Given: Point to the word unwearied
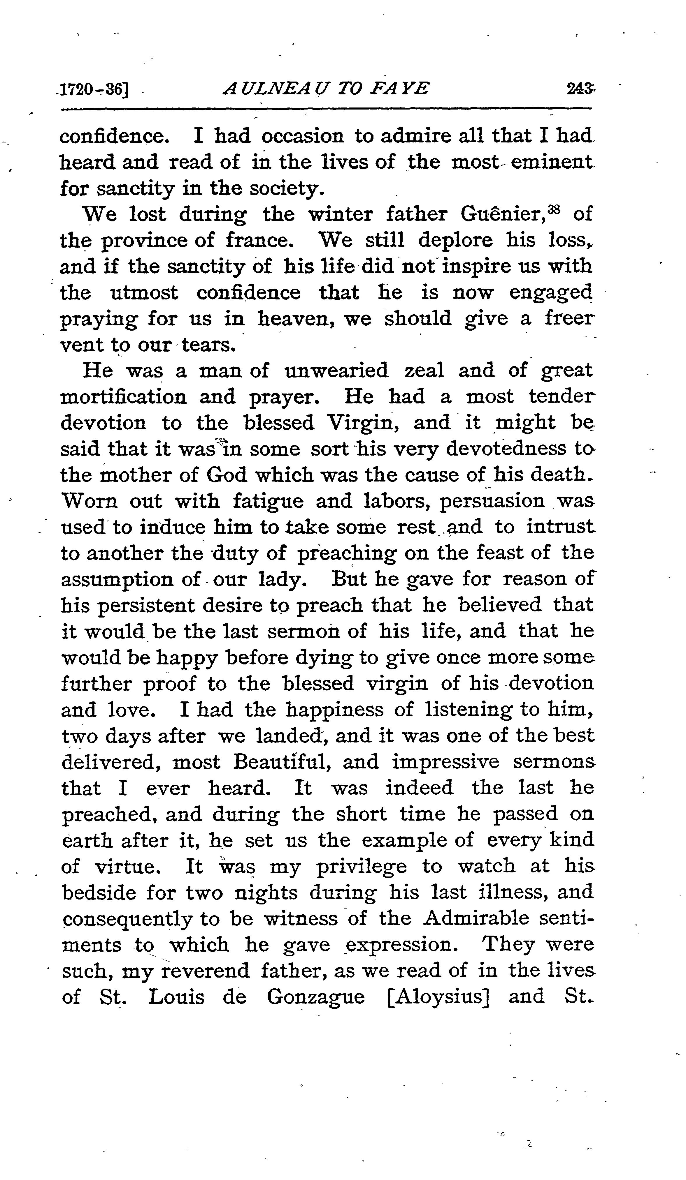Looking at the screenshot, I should click(336, 371).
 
